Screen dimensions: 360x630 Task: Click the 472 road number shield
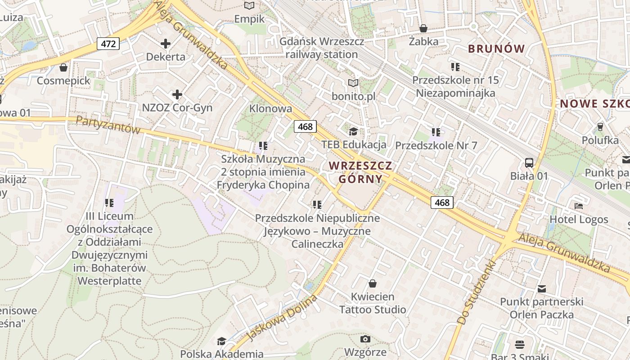pos(108,44)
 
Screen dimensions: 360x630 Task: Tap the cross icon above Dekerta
pos(166,44)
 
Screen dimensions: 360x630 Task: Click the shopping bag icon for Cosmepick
pos(63,67)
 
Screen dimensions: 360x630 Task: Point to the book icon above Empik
pos(249,6)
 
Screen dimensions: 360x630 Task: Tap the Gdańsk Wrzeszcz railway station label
pos(322,48)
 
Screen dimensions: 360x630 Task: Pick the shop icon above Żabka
pos(423,28)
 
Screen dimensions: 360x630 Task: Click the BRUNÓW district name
pos(496,49)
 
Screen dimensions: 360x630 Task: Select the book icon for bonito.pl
pos(354,83)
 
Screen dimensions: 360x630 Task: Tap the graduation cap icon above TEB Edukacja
pos(354,131)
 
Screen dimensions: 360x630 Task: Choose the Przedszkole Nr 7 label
pos(436,145)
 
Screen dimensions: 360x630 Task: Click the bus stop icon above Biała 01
pos(529,163)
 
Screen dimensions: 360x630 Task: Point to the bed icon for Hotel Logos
pos(579,206)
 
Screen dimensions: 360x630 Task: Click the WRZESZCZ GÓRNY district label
pos(360,172)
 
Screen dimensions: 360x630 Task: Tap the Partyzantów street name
pos(108,125)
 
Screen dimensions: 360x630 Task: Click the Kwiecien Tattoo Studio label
pos(373,303)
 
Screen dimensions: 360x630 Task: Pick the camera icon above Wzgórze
pos(365,339)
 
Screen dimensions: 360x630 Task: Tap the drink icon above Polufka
pos(600,126)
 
